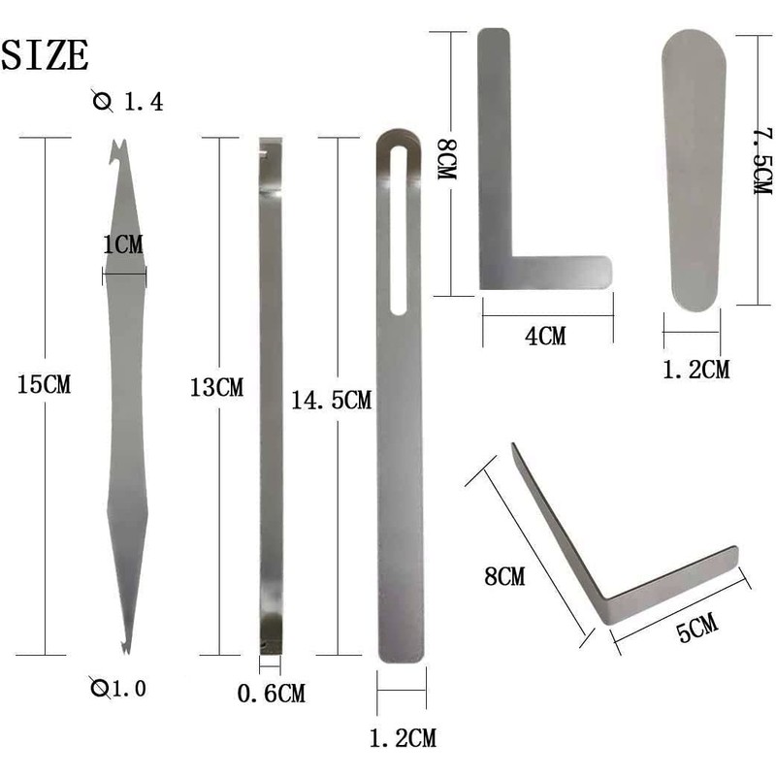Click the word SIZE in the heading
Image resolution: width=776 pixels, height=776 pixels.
click(45, 54)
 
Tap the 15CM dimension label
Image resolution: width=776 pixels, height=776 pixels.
click(44, 384)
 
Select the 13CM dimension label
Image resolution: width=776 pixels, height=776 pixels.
click(216, 387)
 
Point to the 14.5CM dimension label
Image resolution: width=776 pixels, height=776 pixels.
click(331, 400)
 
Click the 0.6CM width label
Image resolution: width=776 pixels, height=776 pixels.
click(272, 694)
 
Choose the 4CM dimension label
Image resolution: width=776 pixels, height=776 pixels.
click(545, 336)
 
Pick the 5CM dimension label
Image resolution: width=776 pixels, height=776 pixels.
click(697, 627)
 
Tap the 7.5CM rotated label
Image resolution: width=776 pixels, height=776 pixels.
click(763, 161)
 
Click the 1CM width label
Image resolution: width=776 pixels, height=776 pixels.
click(123, 244)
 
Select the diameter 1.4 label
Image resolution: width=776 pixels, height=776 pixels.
click(128, 102)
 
